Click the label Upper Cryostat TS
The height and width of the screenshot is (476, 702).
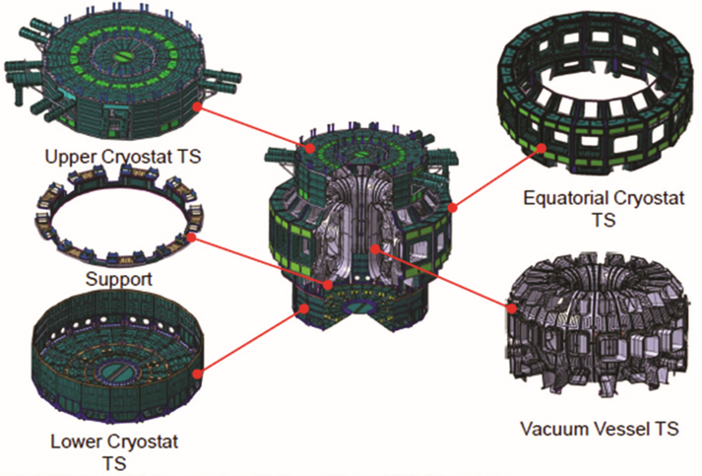coord(123,157)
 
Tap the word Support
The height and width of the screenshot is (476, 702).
coord(119,279)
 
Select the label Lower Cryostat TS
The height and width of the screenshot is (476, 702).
coord(114,451)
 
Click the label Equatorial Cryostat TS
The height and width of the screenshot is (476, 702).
coord(604,208)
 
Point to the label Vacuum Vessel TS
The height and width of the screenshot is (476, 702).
coord(600,429)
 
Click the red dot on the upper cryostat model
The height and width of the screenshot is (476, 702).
coord(196,106)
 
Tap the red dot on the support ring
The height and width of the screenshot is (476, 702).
coord(191,238)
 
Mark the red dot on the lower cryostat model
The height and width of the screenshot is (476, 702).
coord(197,374)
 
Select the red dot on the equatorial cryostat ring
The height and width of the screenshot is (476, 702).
coord(542,148)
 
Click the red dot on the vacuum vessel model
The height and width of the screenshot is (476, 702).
coord(512,307)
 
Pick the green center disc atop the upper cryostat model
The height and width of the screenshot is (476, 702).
coord(120,56)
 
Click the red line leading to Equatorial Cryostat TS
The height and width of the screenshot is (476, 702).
coord(497,177)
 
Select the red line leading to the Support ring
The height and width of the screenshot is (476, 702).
coord(259,261)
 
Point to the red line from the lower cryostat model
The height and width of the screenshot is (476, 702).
coord(251,341)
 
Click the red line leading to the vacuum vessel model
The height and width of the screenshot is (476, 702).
coord(443,278)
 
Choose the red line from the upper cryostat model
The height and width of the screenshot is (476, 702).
coord(252,127)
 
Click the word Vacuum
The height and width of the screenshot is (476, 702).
coord(551,429)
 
